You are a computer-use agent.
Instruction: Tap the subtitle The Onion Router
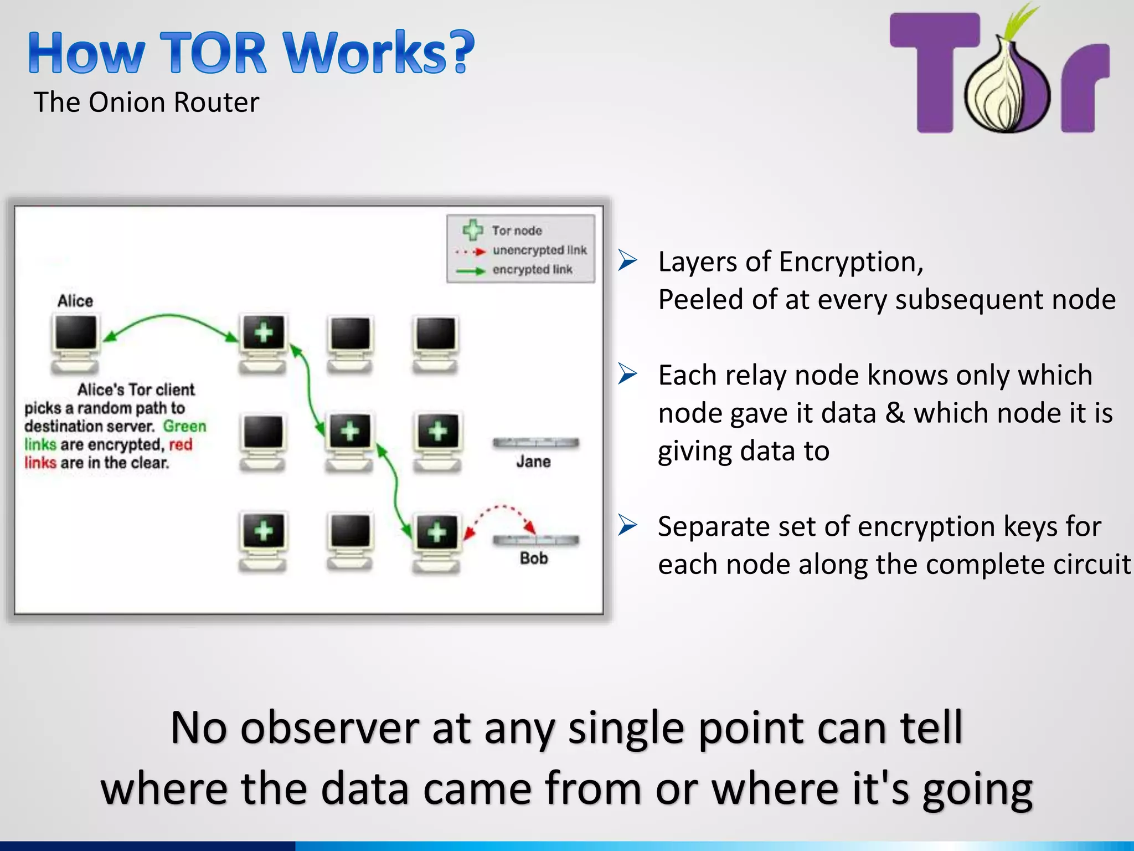(x=146, y=102)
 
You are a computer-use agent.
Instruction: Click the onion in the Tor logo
(x=1007, y=89)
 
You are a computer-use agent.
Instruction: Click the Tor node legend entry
(x=516, y=230)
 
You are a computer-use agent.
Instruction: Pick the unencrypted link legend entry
(x=539, y=250)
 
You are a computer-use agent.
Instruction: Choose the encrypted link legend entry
(x=532, y=270)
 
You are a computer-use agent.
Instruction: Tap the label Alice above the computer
(x=75, y=301)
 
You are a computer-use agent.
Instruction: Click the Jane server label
(x=533, y=462)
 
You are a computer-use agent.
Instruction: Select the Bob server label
(x=534, y=558)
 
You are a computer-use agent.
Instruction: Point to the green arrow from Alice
(x=169, y=317)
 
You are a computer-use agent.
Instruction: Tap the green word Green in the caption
(x=184, y=426)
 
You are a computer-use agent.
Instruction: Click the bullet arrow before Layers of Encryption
(x=628, y=260)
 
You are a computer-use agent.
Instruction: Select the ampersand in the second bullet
(x=895, y=413)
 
